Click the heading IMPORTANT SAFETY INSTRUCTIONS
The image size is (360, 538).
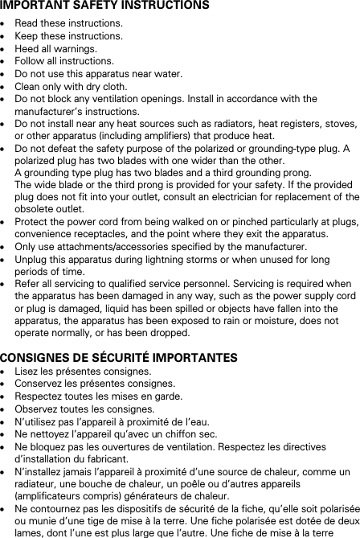pyautogui.click(x=105, y=6)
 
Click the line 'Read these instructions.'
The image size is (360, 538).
pyautogui.click(x=58, y=24)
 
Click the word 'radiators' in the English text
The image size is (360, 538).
pyautogui.click(x=223, y=124)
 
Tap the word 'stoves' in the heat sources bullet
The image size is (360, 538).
pyautogui.click(x=342, y=124)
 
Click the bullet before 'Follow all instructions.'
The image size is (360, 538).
pyautogui.click(x=5, y=61)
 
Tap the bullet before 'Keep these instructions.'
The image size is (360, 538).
pyautogui.click(x=5, y=36)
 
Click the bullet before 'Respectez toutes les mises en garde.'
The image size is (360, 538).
pyautogui.click(x=5, y=397)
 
